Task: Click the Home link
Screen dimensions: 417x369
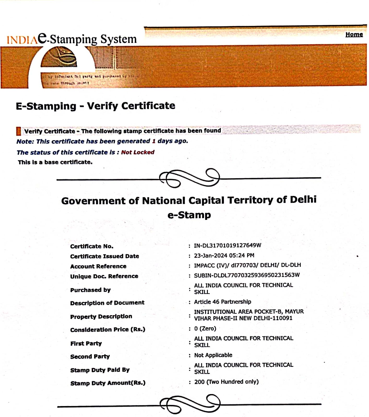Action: click(x=354, y=34)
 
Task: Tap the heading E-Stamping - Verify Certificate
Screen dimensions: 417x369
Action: click(x=96, y=106)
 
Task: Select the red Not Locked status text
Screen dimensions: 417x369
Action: click(x=138, y=152)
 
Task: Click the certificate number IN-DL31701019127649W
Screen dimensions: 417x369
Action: click(x=227, y=245)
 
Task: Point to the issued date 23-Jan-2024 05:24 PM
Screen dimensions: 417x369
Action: click(x=224, y=255)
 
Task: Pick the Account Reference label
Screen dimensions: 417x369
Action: click(x=98, y=266)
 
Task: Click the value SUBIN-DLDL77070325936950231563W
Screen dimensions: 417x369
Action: click(x=247, y=275)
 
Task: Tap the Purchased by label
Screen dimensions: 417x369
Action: click(x=90, y=290)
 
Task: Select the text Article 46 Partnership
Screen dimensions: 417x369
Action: click(x=222, y=302)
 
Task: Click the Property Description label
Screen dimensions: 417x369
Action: click(x=101, y=316)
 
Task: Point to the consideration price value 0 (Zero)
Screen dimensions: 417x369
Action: click(x=205, y=328)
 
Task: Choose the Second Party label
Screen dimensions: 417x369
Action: click(x=90, y=356)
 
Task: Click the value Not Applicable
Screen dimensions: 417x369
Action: click(x=213, y=355)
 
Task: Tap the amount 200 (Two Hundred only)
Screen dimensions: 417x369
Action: click(x=226, y=382)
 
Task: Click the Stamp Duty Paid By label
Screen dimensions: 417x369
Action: click(x=100, y=370)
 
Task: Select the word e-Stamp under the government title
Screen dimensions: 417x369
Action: click(x=189, y=215)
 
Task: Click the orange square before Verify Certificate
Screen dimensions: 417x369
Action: click(x=19, y=131)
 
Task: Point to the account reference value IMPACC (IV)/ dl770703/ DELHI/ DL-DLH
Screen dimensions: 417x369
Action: click(x=247, y=265)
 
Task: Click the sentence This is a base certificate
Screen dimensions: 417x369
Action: click(x=55, y=162)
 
